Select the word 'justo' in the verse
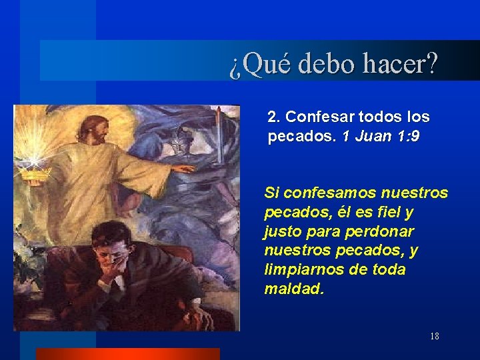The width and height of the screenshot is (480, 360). coord(283,232)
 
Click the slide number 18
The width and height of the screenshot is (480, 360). coord(434,336)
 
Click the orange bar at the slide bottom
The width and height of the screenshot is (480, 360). coord(127,353)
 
